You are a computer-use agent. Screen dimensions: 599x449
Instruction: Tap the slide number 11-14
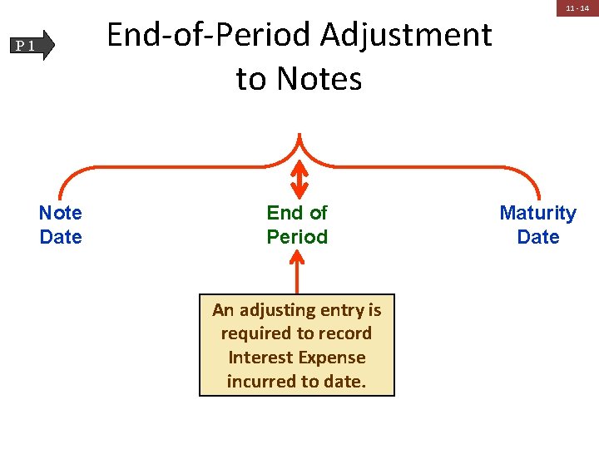(x=577, y=8)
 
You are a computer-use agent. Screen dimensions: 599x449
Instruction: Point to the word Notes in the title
(x=319, y=79)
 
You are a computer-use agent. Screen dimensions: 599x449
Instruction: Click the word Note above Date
(x=61, y=213)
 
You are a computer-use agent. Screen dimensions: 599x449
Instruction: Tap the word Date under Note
(x=61, y=237)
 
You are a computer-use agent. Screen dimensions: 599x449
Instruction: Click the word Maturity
(x=537, y=213)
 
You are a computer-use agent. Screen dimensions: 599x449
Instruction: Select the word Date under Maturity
(x=538, y=237)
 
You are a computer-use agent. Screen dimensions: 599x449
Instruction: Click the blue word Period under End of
(x=297, y=237)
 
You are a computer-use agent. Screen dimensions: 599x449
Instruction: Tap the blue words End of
(x=297, y=213)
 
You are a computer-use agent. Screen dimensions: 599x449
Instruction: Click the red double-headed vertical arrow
(x=298, y=177)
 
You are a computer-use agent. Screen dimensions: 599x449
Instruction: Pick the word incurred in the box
(x=259, y=381)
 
